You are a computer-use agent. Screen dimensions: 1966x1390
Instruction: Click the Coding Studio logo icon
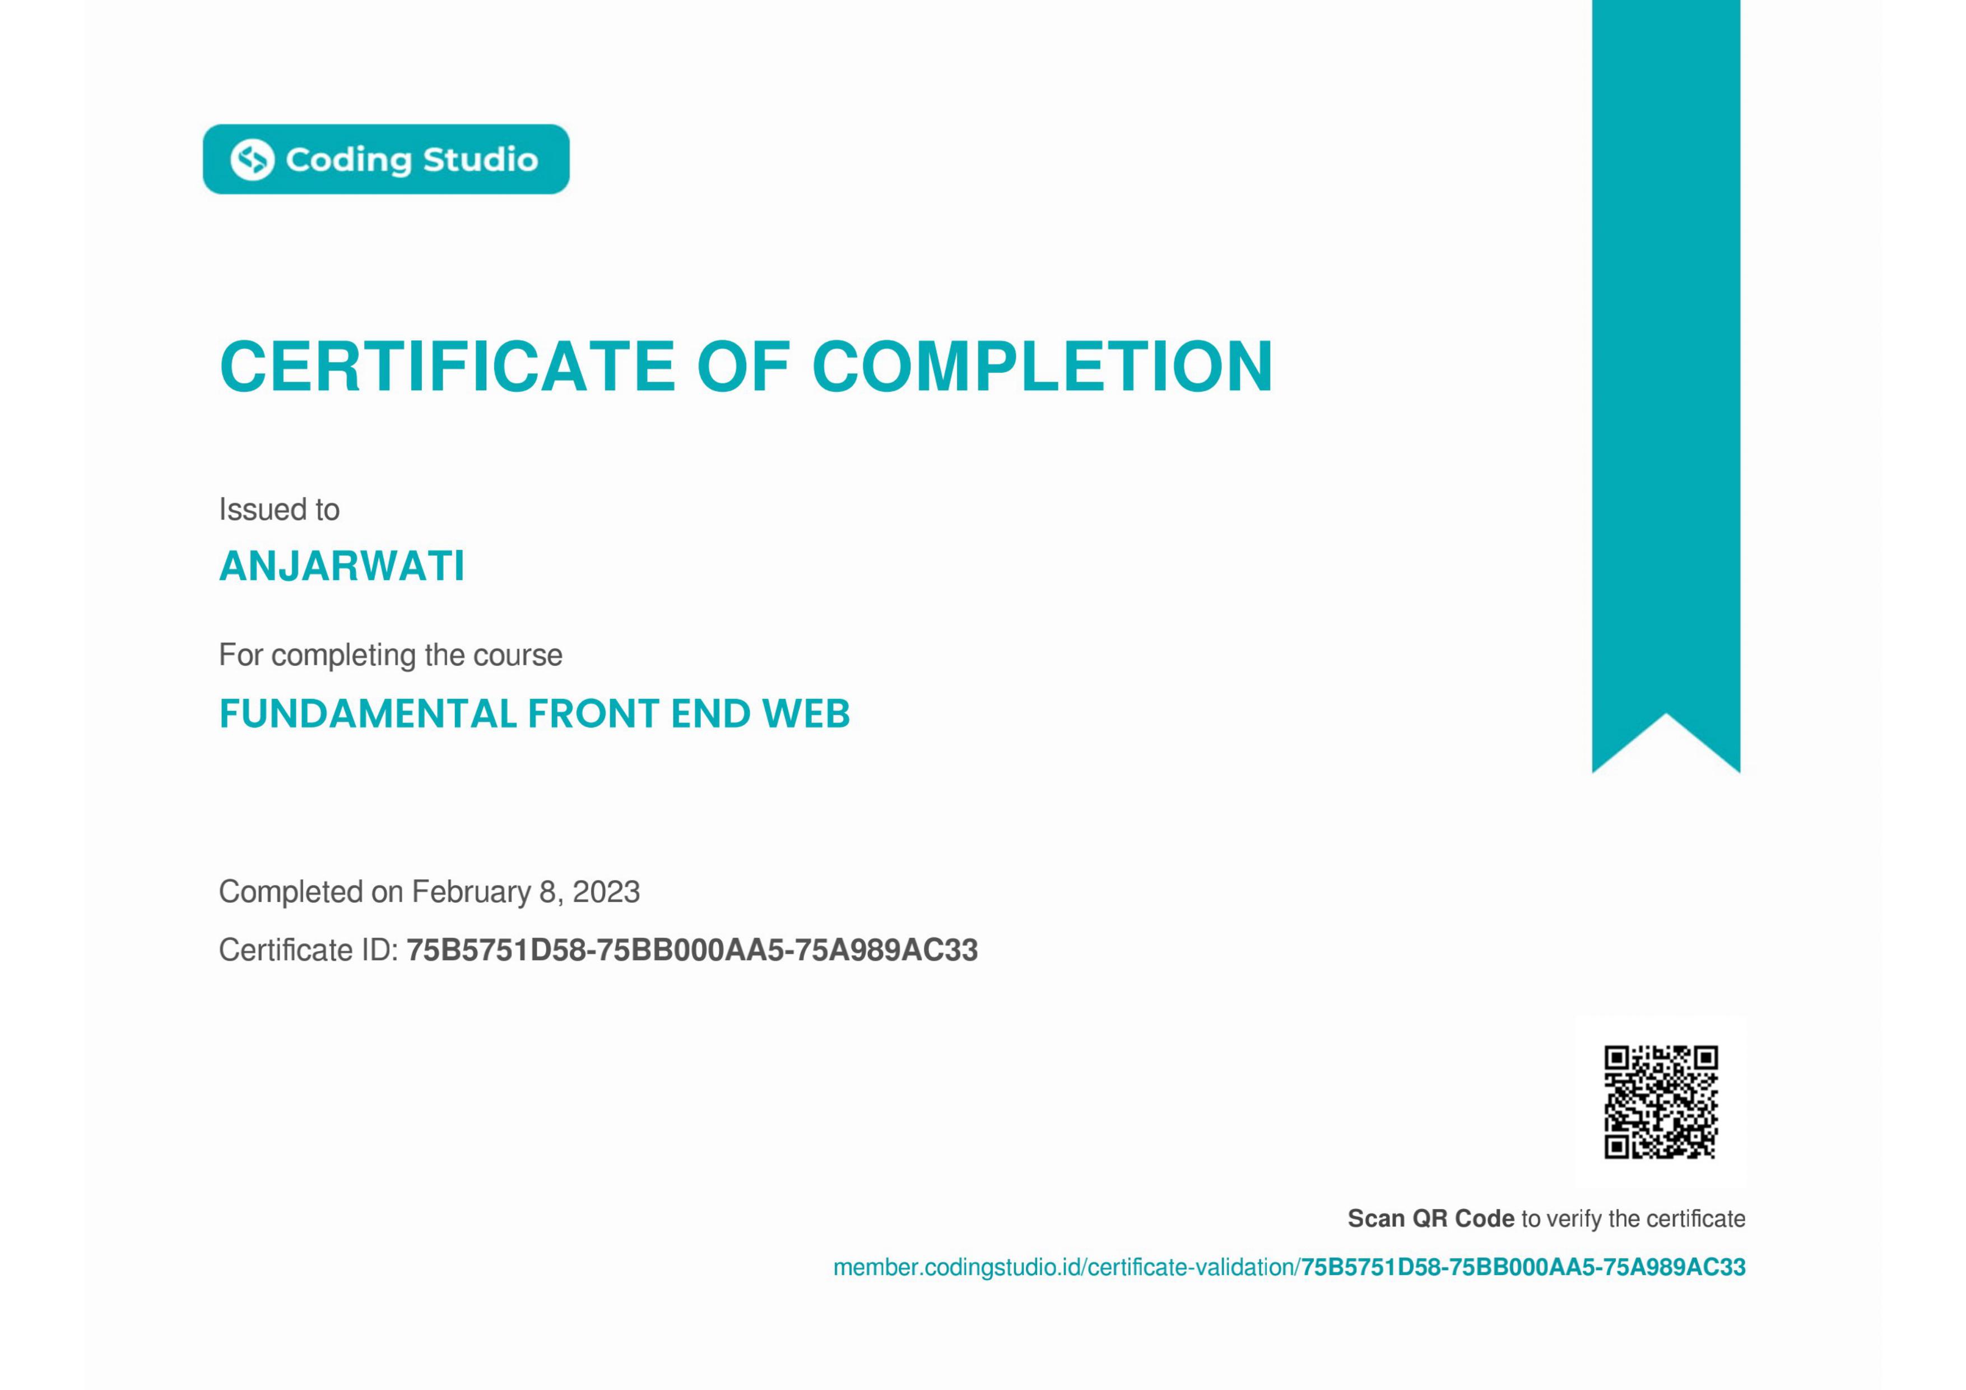(253, 159)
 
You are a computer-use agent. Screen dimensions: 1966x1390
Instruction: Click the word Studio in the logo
(480, 159)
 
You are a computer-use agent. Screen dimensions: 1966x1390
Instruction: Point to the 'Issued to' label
(279, 509)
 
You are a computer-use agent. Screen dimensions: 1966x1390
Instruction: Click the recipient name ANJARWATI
(342, 566)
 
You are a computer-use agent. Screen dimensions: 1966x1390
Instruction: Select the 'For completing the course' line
(391, 655)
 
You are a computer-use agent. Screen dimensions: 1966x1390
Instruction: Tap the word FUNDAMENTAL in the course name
(368, 713)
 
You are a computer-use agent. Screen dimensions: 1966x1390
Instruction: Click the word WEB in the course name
(806, 713)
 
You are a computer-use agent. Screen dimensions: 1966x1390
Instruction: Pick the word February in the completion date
(471, 892)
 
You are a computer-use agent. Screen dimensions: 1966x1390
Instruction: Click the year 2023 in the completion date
(606, 892)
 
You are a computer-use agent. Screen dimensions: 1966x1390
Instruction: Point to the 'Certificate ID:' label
(308, 950)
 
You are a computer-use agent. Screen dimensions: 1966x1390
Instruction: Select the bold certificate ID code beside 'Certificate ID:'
(692, 950)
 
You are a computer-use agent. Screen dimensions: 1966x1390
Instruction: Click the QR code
(1660, 1101)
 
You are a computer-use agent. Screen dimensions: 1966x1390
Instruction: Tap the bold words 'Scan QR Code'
(1431, 1218)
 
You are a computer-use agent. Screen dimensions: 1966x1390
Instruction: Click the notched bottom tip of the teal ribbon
(1666, 714)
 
